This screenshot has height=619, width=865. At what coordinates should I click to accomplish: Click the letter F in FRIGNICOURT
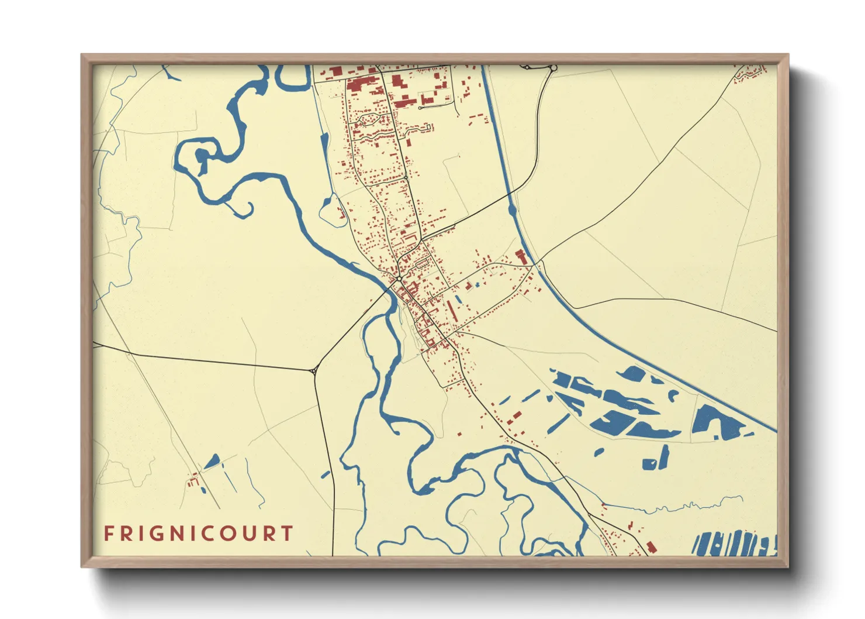(x=108, y=534)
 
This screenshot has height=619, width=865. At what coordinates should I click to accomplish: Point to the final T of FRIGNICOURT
(x=286, y=534)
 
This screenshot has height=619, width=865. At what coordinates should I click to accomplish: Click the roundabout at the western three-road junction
(x=314, y=370)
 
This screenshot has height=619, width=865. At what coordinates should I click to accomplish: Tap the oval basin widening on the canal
(x=513, y=209)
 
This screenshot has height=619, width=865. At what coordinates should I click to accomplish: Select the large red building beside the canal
(x=520, y=256)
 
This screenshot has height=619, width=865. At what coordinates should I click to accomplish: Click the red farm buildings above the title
(x=192, y=482)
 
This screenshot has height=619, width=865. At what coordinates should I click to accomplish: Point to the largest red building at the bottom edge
(x=651, y=548)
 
